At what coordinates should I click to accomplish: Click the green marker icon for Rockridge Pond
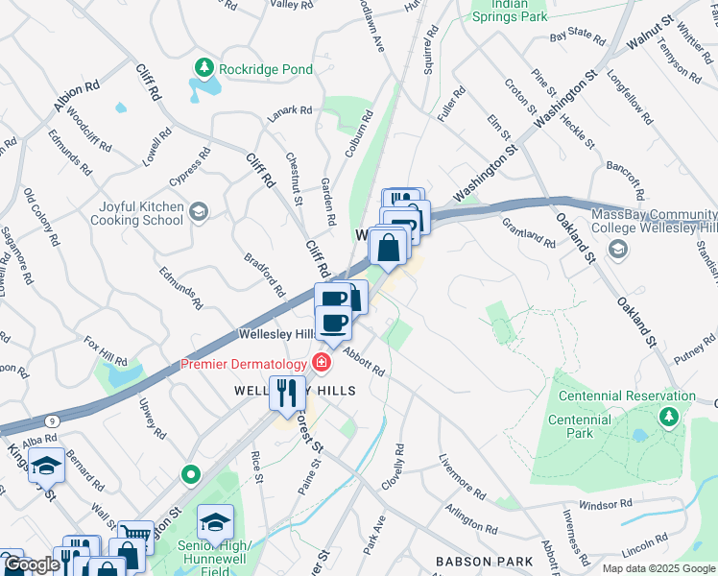(x=203, y=67)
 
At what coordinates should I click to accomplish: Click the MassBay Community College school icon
(x=618, y=250)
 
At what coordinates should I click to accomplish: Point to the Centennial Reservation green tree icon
(x=668, y=417)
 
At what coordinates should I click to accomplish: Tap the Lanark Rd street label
(x=290, y=110)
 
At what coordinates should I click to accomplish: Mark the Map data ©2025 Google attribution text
(x=658, y=568)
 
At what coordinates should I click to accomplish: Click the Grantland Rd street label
(x=529, y=232)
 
